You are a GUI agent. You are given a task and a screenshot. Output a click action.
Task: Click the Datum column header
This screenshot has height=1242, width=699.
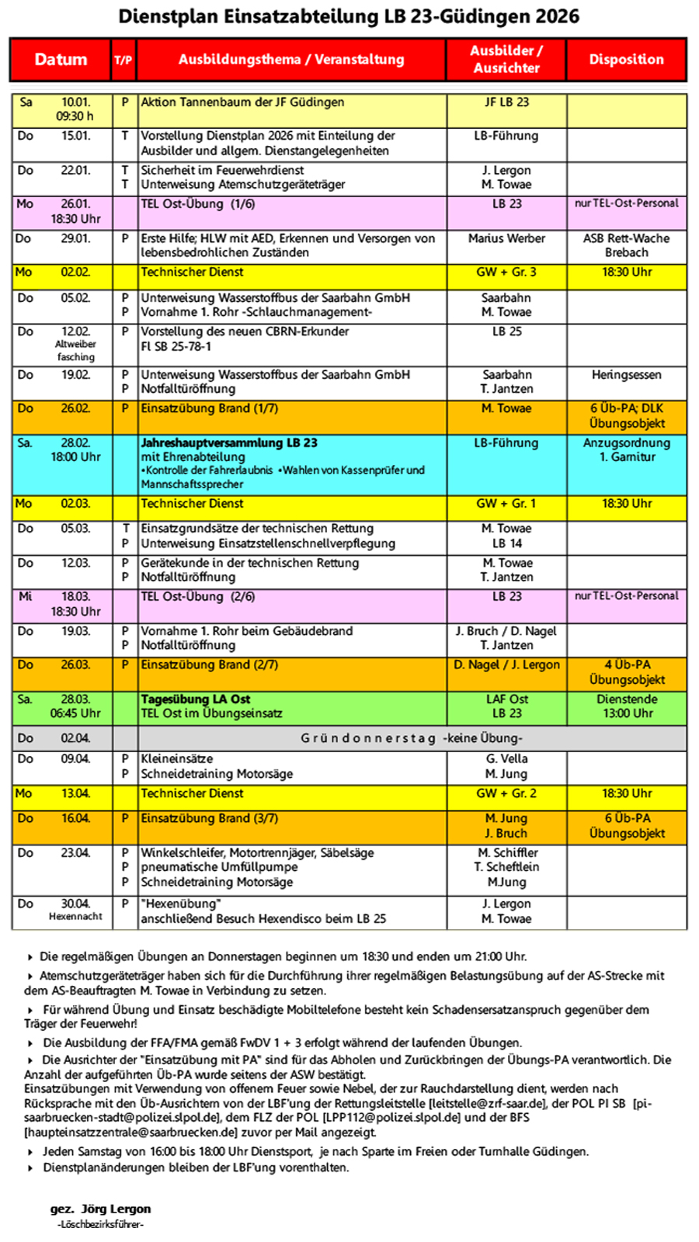tap(61, 60)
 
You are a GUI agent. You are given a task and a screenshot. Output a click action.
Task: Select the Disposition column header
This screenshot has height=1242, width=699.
tap(626, 60)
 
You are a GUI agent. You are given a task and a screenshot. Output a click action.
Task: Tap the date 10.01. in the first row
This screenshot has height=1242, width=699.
tap(76, 102)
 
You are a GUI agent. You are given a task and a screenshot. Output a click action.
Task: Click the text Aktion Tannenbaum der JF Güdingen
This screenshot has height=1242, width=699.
tap(242, 102)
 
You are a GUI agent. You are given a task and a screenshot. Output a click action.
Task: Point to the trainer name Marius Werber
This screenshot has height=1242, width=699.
tap(506, 238)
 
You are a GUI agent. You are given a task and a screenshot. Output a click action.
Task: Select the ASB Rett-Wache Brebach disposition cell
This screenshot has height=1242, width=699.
tap(626, 245)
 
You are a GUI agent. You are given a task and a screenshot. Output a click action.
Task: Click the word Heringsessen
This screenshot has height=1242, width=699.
tap(626, 375)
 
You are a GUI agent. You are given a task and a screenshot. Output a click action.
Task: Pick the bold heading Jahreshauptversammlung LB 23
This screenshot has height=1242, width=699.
tap(229, 443)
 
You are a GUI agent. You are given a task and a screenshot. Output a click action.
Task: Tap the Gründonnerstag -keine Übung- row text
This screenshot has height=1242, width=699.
tap(411, 738)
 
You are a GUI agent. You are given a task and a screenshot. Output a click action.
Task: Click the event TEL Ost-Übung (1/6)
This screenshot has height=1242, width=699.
tap(198, 204)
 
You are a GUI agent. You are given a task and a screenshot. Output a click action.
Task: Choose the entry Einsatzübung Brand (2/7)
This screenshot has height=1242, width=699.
tap(209, 665)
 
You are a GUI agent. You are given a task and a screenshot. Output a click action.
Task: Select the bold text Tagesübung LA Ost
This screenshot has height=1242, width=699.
tap(196, 699)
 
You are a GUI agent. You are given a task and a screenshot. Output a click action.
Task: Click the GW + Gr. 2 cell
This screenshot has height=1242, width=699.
tap(506, 794)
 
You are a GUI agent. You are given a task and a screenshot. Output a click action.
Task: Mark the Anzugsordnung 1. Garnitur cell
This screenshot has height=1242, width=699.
tap(626, 450)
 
